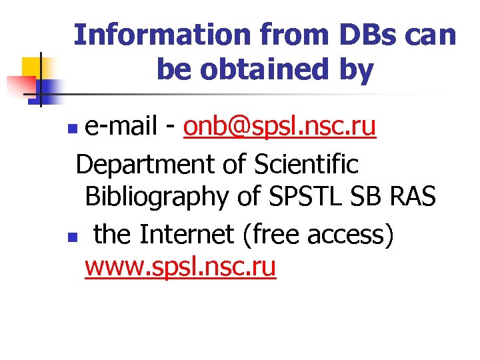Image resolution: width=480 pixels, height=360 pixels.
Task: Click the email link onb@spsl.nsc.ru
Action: coord(280,127)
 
